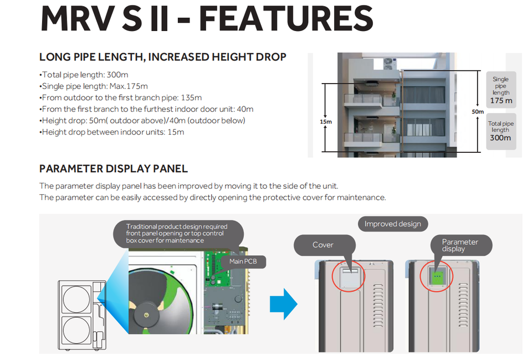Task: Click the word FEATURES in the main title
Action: pos(285,18)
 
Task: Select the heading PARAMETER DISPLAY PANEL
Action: pos(114,169)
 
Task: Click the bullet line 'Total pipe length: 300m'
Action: pos(84,75)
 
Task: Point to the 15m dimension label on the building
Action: pos(326,121)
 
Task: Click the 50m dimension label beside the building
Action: pos(478,111)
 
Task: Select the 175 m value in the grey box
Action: pos(500,101)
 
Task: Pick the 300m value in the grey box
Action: pos(500,137)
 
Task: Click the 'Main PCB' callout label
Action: pos(243,261)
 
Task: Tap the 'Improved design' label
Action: pos(392,224)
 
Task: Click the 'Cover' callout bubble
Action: pos(323,245)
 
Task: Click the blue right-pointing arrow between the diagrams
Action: pos(283,304)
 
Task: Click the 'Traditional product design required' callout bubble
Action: pos(177,233)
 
